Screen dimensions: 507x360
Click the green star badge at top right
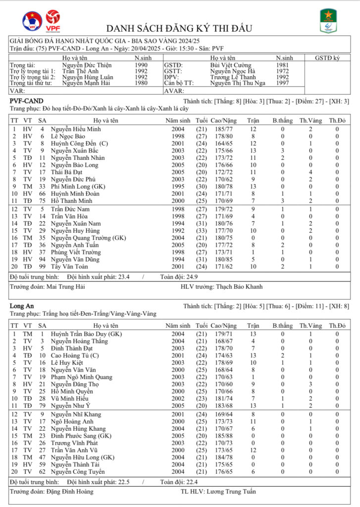[327, 21]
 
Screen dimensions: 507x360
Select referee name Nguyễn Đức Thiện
[87, 65]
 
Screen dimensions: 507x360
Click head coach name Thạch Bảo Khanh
[239, 286]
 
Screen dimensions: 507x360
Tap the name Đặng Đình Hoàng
[69, 492]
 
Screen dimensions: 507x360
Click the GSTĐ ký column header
[327, 58]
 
